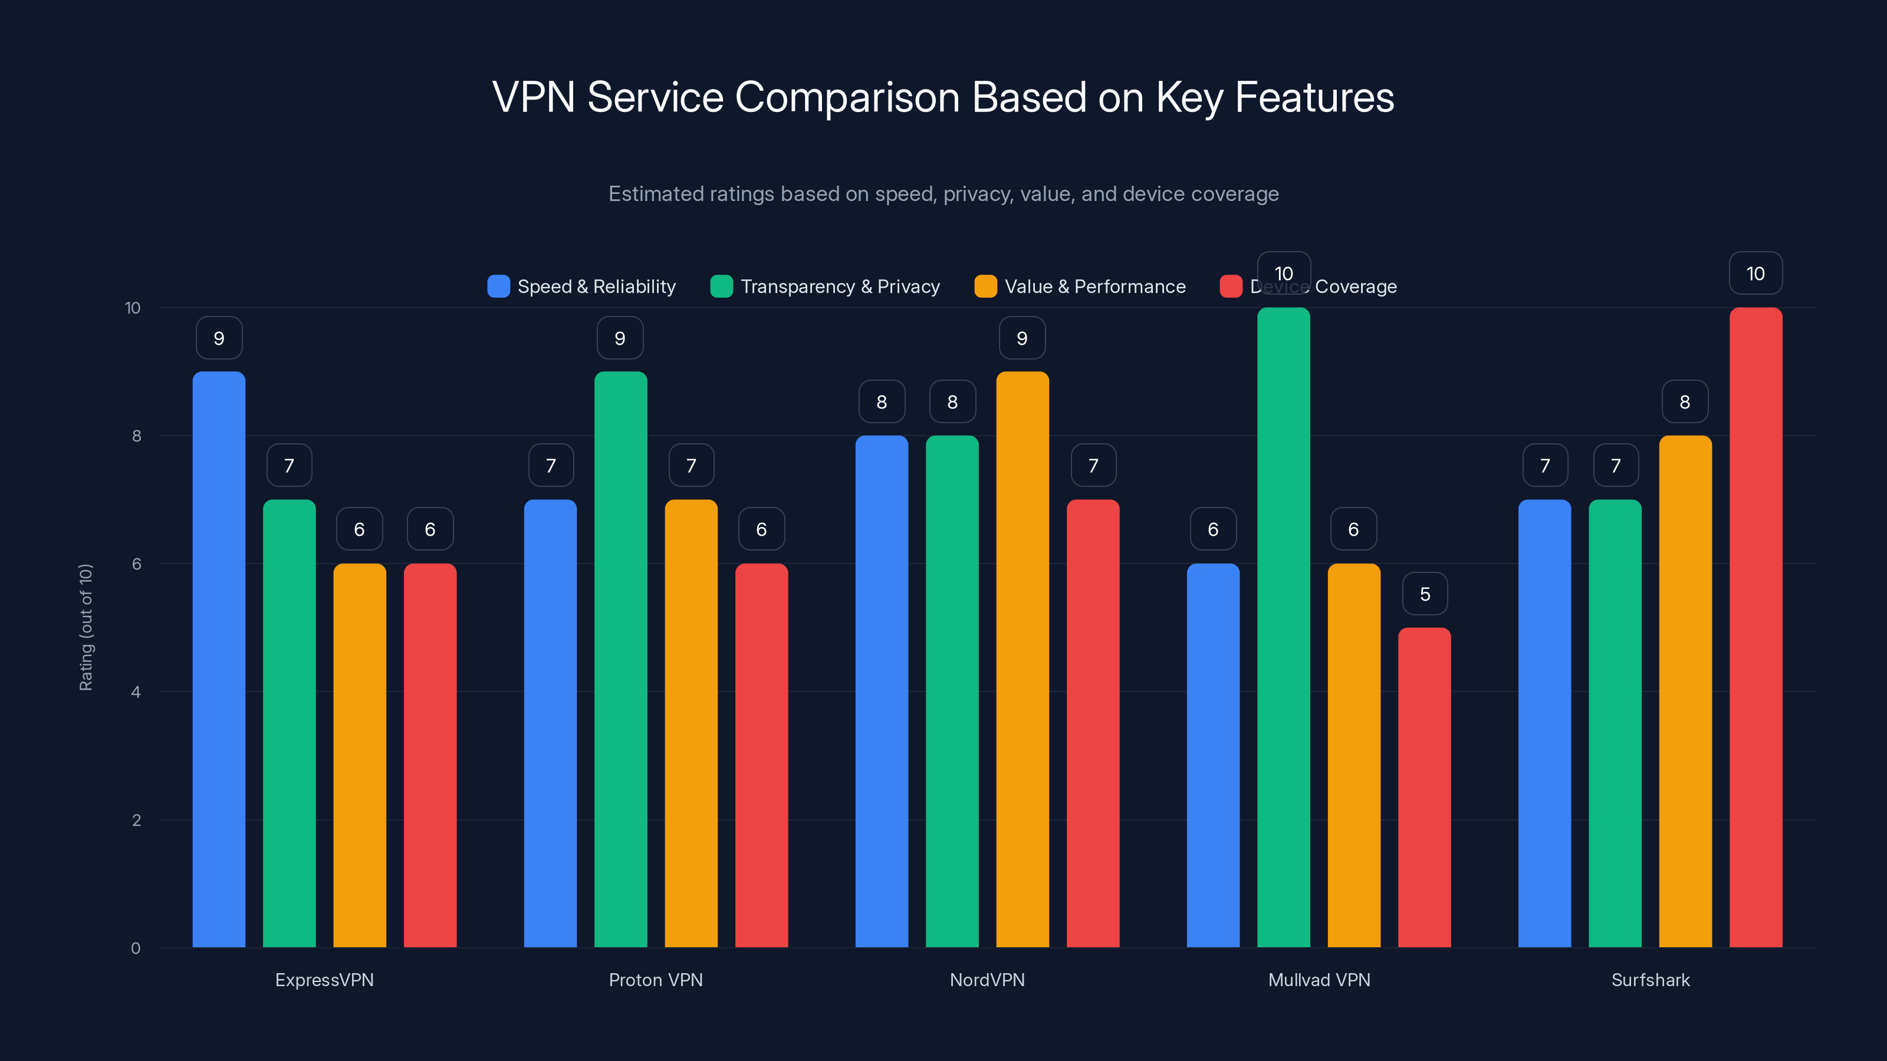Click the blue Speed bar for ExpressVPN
click(x=219, y=659)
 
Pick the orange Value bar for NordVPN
click(x=1023, y=659)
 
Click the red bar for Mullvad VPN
click(x=1424, y=787)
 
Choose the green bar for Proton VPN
click(x=620, y=659)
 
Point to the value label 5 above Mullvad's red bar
click(x=1425, y=594)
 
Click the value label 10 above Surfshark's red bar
click(x=1756, y=274)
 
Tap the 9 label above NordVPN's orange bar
click(x=1023, y=338)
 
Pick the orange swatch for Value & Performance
click(x=985, y=286)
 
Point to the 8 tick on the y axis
click(x=136, y=436)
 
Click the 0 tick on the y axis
click(x=136, y=948)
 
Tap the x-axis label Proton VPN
click(x=656, y=980)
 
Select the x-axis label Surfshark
click(x=1651, y=980)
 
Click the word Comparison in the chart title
click(x=847, y=97)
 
